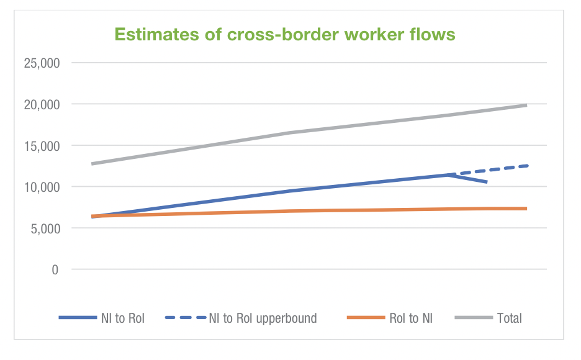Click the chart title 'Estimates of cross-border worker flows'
coord(285,35)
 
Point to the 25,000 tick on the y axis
coord(42,63)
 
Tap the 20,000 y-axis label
coord(42,104)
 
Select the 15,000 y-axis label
coord(42,146)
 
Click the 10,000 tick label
coord(42,187)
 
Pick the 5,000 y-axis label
coord(44,228)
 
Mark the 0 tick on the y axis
coord(55,269)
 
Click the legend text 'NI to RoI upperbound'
coord(263,318)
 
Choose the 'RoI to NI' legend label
coord(411,318)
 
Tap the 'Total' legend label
coord(509,318)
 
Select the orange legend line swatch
coord(365,318)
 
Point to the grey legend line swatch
coord(473,318)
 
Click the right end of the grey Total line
coord(526,106)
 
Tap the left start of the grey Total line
coord(92,164)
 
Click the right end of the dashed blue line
coord(527,166)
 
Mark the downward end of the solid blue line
coord(487,182)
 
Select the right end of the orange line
coord(526,209)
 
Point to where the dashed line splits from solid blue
coord(448,175)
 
